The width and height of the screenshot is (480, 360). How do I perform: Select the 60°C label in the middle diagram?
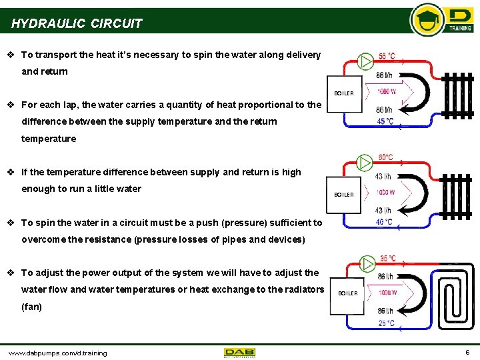click(x=385, y=157)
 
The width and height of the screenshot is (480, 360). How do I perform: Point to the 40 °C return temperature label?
click(x=384, y=222)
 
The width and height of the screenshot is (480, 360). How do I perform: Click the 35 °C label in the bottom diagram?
click(x=388, y=258)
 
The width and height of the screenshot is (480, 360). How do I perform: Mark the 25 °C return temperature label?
click(x=387, y=323)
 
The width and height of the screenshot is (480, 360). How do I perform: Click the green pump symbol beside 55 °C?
click(x=365, y=61)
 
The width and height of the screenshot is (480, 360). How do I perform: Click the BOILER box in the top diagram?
click(x=344, y=93)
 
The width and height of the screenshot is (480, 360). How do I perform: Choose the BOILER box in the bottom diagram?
click(x=348, y=293)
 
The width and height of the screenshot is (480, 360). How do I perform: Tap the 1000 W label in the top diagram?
click(x=387, y=91)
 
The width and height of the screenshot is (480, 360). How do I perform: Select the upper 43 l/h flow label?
click(x=383, y=177)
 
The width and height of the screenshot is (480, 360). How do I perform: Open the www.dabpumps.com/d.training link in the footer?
click(x=57, y=353)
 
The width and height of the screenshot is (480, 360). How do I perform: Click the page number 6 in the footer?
click(x=467, y=352)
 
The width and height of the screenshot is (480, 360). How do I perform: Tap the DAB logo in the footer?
click(x=239, y=352)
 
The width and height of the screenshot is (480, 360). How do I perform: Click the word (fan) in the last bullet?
click(x=31, y=307)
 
